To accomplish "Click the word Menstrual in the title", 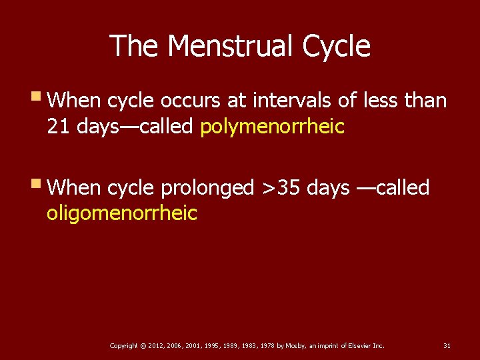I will point(231,46).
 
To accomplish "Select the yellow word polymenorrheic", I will point(272,127).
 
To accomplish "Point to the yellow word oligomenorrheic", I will point(122,213).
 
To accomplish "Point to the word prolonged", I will point(207,189).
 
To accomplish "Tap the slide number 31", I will point(447,345).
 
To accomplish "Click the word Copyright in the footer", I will point(124,345).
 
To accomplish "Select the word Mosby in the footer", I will point(295,345).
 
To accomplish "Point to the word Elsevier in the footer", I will point(355,345).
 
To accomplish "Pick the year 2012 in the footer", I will point(155,345).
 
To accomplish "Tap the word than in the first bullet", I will point(425,101).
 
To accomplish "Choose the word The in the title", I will point(135,46).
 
